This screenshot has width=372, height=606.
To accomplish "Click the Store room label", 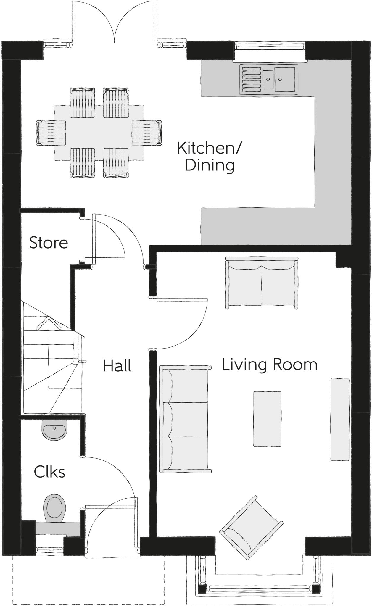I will [x=49, y=243].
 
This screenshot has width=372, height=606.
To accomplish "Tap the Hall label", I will [x=117, y=366].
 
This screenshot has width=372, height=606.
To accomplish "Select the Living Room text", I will [x=269, y=364].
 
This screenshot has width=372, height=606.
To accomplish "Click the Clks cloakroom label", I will [x=49, y=472].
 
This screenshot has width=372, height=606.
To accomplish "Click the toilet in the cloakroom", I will [x=54, y=508].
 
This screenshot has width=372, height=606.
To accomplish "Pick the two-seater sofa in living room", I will [x=262, y=283].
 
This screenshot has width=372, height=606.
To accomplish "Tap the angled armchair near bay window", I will [x=251, y=527].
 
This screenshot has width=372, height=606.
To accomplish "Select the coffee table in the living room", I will [x=267, y=419].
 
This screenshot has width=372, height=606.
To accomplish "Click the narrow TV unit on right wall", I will [x=340, y=419].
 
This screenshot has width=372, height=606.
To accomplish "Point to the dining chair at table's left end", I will [x=51, y=133].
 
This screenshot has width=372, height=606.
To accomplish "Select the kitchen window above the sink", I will [x=270, y=46].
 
